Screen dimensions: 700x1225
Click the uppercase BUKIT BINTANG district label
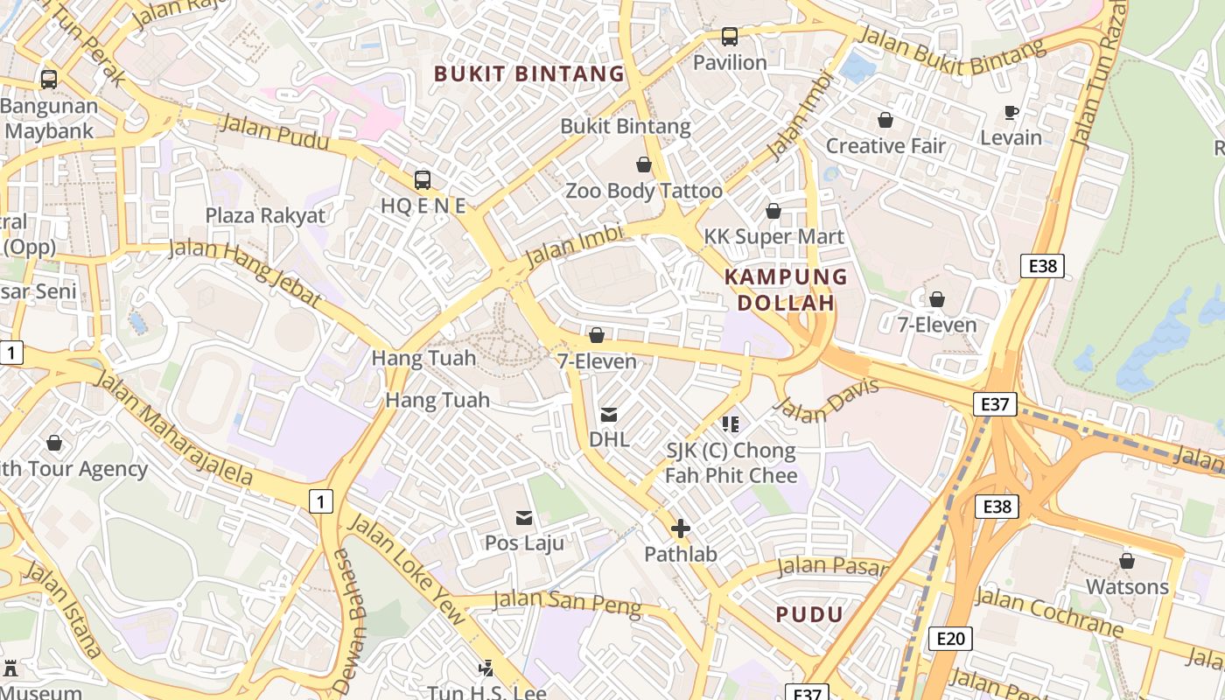(x=529, y=73)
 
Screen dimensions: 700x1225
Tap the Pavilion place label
(x=730, y=62)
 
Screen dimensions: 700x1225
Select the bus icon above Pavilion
(x=730, y=37)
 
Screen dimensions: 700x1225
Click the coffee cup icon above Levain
(x=1011, y=112)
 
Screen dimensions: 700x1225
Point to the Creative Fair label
(x=885, y=145)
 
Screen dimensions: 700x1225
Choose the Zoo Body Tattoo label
(x=644, y=191)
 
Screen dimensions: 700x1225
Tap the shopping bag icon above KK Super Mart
(x=773, y=211)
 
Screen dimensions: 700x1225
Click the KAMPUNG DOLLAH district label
(x=786, y=290)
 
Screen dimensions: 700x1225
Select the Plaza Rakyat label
(x=265, y=215)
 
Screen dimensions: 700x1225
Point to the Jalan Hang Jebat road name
(x=245, y=272)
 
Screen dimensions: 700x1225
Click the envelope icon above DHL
(x=609, y=415)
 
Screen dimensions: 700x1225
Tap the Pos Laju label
(x=524, y=542)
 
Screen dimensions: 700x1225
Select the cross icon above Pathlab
(x=681, y=528)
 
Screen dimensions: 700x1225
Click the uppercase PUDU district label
(x=809, y=614)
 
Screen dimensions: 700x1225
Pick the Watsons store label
(x=1127, y=586)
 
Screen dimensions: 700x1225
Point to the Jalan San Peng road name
(x=567, y=603)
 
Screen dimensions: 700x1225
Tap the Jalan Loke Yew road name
(x=407, y=570)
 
